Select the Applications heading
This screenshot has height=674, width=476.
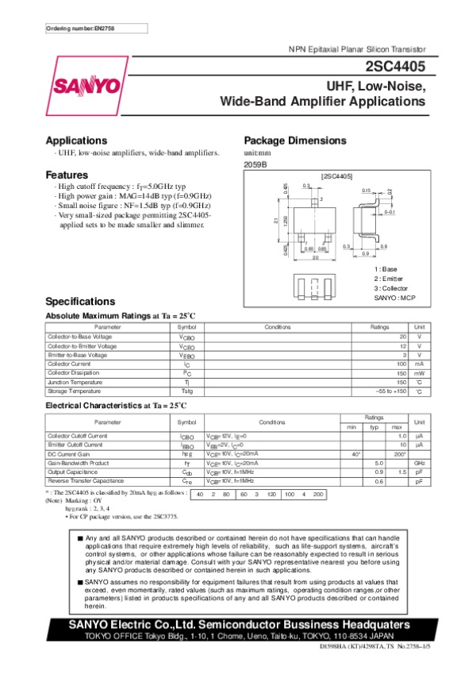[76, 140]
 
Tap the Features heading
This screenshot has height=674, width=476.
[67, 175]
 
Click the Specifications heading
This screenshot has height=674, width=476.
[81, 302]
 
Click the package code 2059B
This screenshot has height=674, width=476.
[254, 164]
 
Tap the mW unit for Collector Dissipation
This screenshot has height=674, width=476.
[420, 373]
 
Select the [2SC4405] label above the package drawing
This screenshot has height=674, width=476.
[336, 175]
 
